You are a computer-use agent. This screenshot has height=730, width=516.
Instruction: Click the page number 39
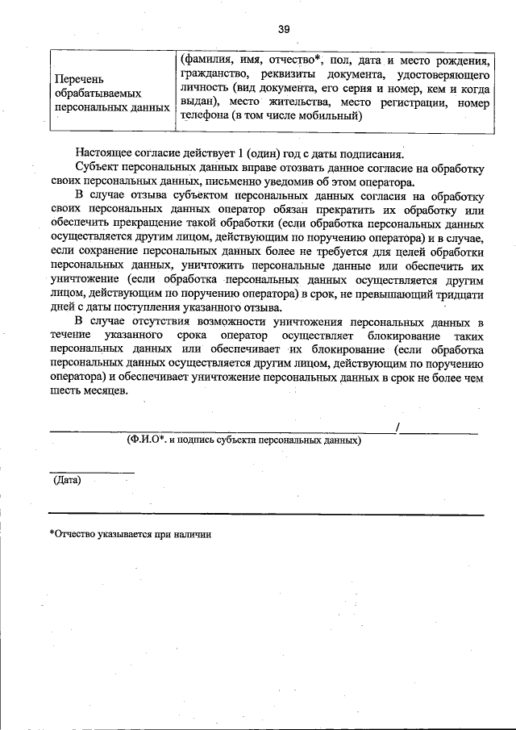[283, 30]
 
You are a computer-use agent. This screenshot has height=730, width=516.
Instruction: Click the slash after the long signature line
[397, 428]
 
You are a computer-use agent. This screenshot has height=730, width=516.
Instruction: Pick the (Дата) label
[66, 480]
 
